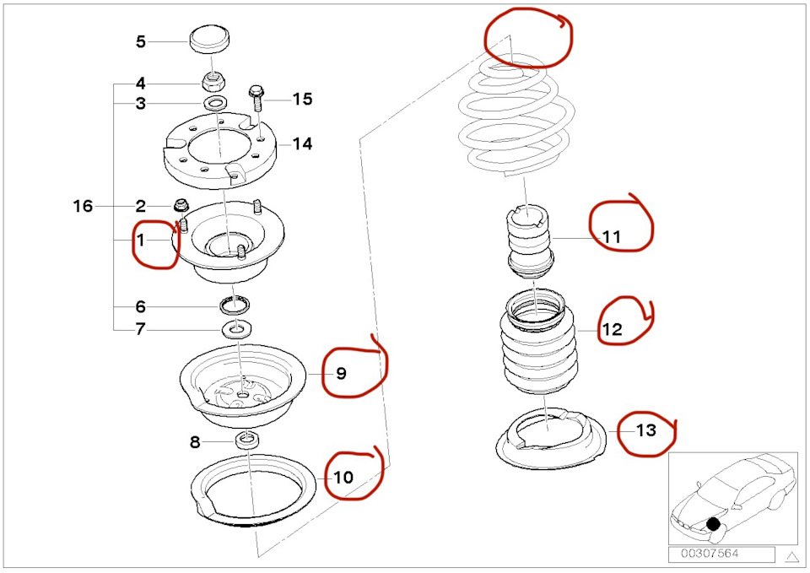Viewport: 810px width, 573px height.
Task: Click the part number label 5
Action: pyautogui.click(x=141, y=41)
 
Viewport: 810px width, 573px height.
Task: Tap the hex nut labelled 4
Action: pyautogui.click(x=213, y=81)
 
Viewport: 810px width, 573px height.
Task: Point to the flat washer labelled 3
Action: pyautogui.click(x=215, y=102)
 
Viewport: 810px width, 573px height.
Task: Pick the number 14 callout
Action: pyautogui.click(x=302, y=143)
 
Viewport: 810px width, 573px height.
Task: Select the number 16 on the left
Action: pyautogui.click(x=83, y=206)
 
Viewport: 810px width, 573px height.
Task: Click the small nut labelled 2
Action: pyautogui.click(x=179, y=205)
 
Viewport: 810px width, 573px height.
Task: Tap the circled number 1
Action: pyautogui.click(x=141, y=241)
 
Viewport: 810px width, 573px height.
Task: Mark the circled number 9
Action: pyautogui.click(x=341, y=373)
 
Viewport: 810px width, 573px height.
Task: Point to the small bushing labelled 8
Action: pyautogui.click(x=247, y=441)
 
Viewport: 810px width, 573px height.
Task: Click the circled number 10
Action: pyautogui.click(x=343, y=477)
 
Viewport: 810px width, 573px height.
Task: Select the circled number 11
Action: pyautogui.click(x=613, y=237)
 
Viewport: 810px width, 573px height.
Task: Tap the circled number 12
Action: pyautogui.click(x=613, y=329)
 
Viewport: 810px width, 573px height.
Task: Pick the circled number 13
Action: pyautogui.click(x=646, y=430)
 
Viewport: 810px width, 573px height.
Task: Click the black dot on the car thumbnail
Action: pyautogui.click(x=714, y=524)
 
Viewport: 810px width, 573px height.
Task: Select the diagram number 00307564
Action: pyautogui.click(x=710, y=554)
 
